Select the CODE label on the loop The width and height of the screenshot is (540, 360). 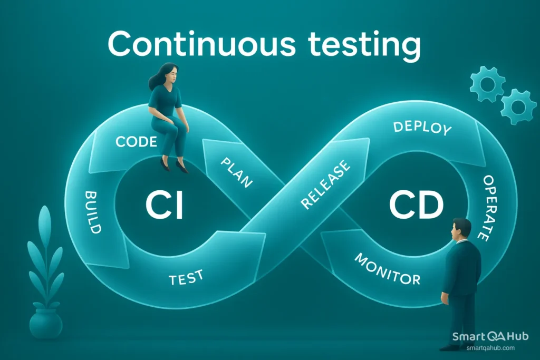(x=136, y=141)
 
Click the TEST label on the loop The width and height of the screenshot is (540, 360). (x=186, y=278)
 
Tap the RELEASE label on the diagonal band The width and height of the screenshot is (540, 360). (x=325, y=185)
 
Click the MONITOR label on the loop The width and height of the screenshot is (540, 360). (x=387, y=268)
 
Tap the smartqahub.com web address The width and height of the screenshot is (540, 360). (x=490, y=348)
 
